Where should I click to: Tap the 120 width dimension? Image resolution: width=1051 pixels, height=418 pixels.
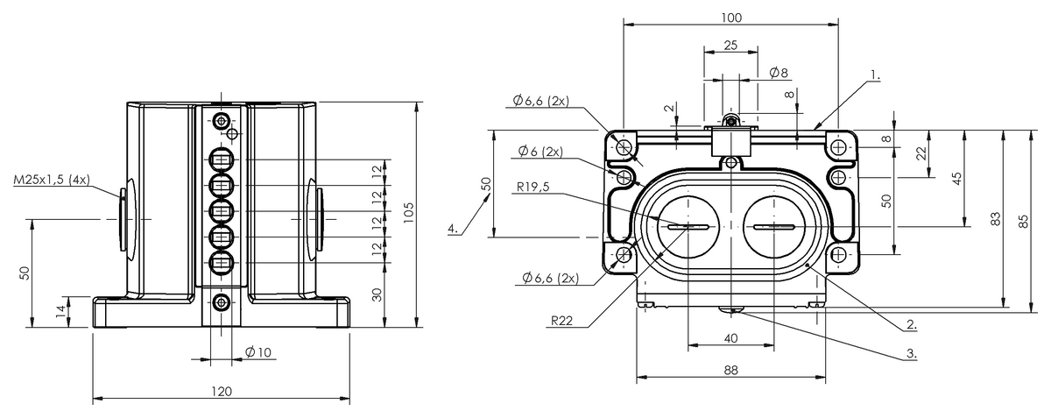tap(222, 392)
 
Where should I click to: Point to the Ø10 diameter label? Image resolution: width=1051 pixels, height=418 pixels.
tap(258, 352)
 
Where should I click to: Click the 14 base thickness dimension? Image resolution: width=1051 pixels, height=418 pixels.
tap(60, 312)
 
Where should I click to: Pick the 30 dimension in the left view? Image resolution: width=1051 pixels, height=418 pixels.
tap(378, 294)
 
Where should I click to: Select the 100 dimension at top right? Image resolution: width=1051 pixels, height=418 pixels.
tap(732, 18)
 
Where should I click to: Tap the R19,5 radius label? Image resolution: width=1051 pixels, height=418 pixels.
tap(533, 186)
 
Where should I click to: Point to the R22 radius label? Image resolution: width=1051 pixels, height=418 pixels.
tap(562, 322)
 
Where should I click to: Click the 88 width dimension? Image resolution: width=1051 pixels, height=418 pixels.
tap(731, 370)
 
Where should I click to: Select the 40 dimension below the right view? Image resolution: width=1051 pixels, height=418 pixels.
tap(731, 337)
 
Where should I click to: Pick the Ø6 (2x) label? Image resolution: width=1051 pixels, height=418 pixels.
tap(540, 151)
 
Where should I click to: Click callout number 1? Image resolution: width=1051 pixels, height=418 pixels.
tap(875, 75)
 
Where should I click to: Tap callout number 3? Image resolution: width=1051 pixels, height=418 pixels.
tap(911, 353)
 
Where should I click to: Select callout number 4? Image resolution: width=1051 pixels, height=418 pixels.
tap(452, 229)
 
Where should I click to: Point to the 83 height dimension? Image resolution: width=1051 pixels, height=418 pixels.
tap(995, 221)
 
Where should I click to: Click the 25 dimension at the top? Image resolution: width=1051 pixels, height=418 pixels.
tap(730, 45)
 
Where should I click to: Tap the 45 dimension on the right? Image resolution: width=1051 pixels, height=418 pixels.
tap(957, 177)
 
